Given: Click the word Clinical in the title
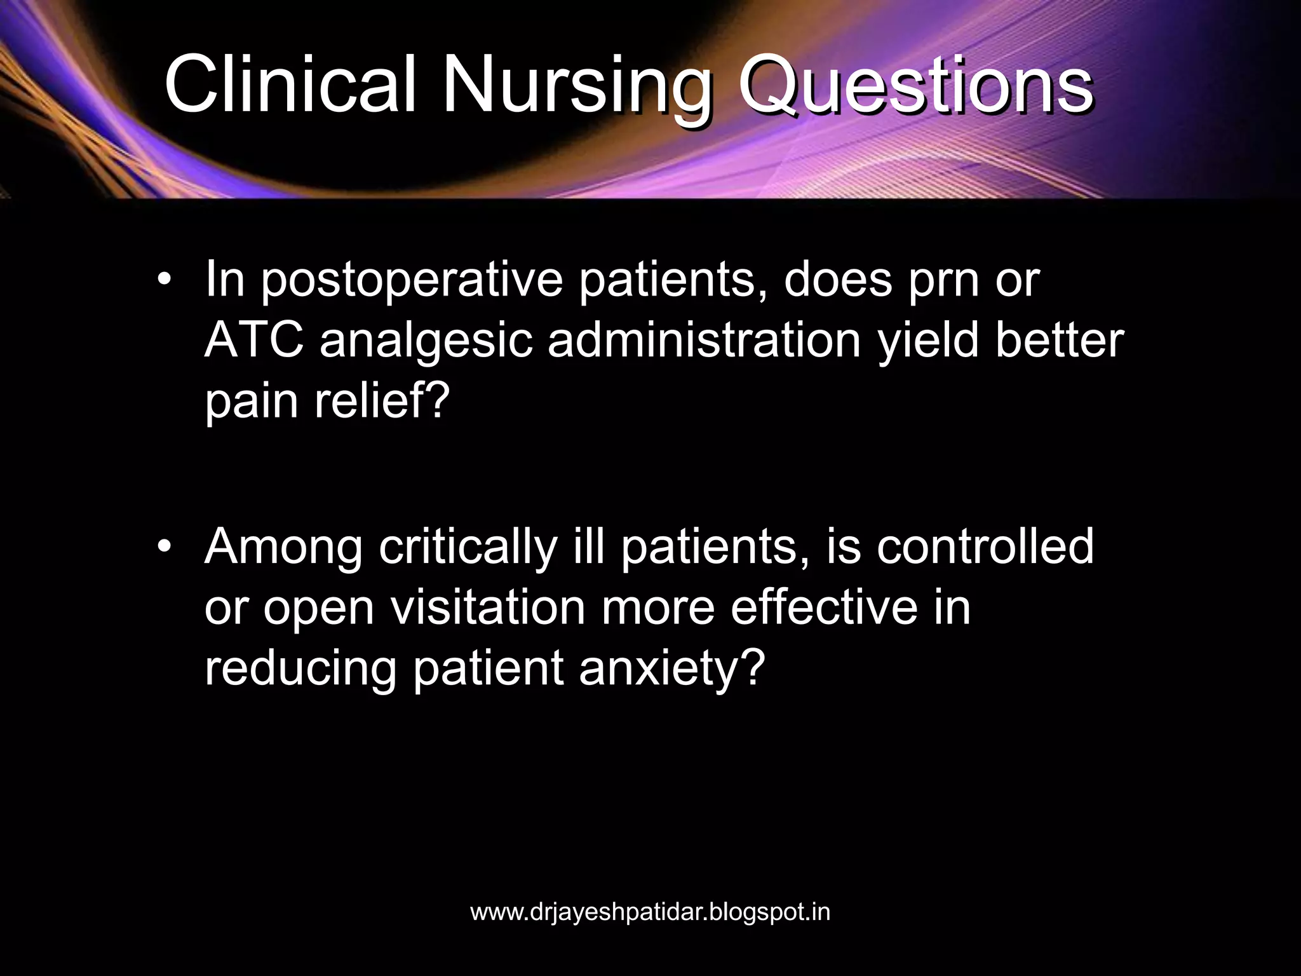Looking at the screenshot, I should point(290,85).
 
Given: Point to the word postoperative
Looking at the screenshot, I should point(412,280).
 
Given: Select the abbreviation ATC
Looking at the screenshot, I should point(254,341).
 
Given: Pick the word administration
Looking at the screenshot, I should point(704,341).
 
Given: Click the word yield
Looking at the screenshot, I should point(928,341).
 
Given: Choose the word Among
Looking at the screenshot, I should point(283,547).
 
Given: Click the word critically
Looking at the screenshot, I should point(468,547).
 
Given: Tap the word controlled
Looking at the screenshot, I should point(985,547).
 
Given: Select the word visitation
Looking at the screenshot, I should point(488,607).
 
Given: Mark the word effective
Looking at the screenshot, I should point(824,607).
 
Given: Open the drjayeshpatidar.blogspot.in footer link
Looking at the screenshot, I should point(650,912).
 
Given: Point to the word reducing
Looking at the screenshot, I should point(300,668).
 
